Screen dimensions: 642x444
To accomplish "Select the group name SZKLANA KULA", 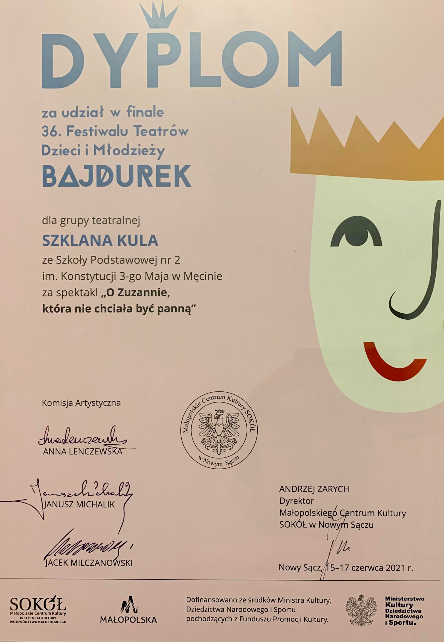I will coord(100,241).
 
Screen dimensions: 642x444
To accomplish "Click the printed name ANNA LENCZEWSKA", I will coord(83,452).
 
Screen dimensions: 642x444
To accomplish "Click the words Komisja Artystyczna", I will coord(81,403).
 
